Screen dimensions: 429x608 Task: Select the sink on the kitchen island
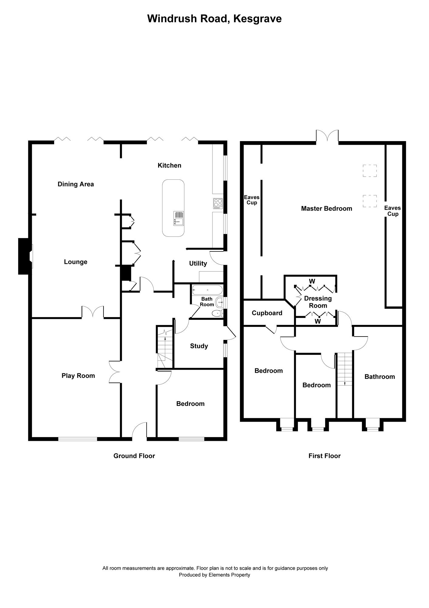(178, 218)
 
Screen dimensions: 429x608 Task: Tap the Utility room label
(198, 264)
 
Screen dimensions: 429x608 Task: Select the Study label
(199, 346)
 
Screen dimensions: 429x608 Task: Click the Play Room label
(78, 376)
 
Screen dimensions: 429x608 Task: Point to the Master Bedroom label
(326, 209)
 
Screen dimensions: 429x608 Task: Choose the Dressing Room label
(318, 302)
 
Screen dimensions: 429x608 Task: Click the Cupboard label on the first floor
(267, 313)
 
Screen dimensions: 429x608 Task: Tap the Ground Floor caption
(134, 456)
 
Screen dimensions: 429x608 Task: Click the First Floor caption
(324, 456)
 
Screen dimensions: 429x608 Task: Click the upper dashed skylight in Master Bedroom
(369, 171)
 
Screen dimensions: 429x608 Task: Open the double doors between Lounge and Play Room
(93, 312)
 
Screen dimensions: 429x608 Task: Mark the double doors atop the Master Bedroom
(327, 136)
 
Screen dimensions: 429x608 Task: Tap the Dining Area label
(76, 184)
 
